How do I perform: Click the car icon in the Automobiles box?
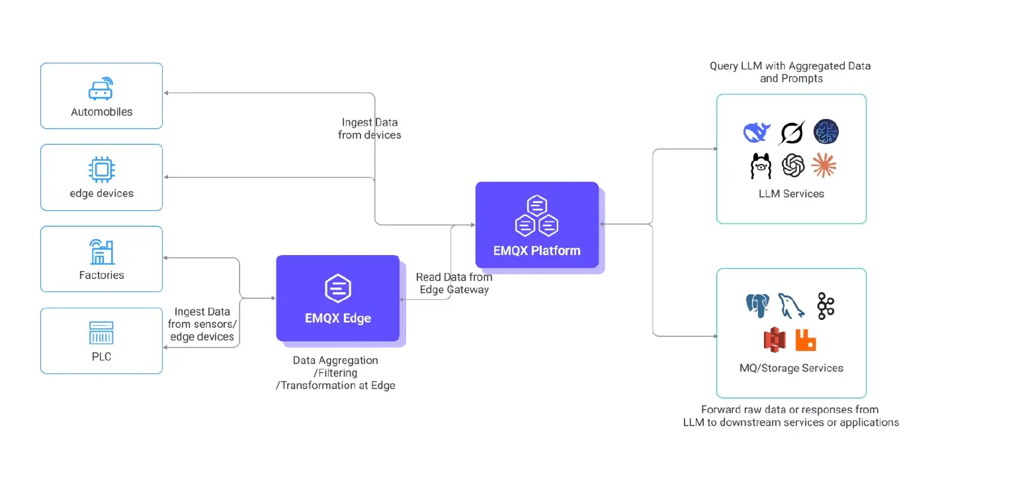pyautogui.click(x=101, y=89)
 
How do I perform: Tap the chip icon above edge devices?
pyautogui.click(x=101, y=170)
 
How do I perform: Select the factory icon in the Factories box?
pyautogui.click(x=101, y=252)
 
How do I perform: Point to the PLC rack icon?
pyautogui.click(x=101, y=332)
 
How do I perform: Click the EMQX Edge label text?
pyautogui.click(x=338, y=318)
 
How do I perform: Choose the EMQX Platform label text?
pyautogui.click(x=537, y=250)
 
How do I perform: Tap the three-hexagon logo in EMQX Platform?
pyautogui.click(x=537, y=216)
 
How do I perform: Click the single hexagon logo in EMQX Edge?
pyautogui.click(x=338, y=289)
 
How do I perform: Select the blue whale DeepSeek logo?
pyautogui.click(x=758, y=133)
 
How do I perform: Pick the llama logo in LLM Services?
pyautogui.click(x=761, y=165)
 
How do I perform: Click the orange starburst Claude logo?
pyautogui.click(x=824, y=165)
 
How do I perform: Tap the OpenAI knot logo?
pyautogui.click(x=792, y=165)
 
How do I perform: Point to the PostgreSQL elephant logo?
pyautogui.click(x=758, y=305)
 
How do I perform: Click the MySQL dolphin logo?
pyautogui.click(x=791, y=305)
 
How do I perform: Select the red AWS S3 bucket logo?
pyautogui.click(x=774, y=340)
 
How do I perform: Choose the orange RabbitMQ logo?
pyautogui.click(x=806, y=340)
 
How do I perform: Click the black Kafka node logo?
pyautogui.click(x=825, y=305)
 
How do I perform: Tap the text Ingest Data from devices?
pyautogui.click(x=370, y=129)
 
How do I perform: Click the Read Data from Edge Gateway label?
pyautogui.click(x=454, y=284)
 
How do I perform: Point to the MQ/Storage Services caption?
pyautogui.click(x=791, y=368)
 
